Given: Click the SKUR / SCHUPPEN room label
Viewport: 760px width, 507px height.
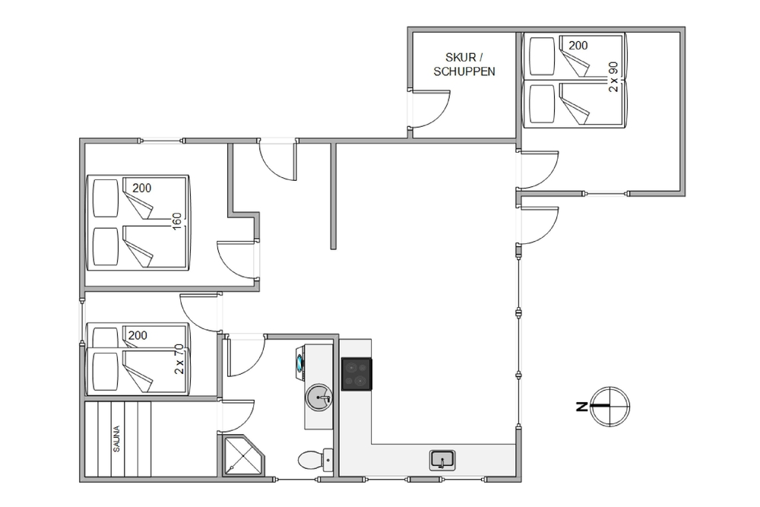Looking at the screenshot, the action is [x=464, y=65].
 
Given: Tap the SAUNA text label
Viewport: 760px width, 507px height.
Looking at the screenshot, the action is [x=116, y=439].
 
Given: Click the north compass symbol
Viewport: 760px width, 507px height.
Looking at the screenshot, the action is [x=610, y=406].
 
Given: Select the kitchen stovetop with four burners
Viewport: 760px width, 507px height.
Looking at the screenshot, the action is [x=356, y=374].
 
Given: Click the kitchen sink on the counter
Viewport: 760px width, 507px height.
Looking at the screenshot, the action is [x=442, y=460].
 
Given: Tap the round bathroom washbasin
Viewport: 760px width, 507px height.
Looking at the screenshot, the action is [x=319, y=398].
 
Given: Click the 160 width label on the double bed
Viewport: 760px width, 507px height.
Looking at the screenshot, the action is [x=177, y=221].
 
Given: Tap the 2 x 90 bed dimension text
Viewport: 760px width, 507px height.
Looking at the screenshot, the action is [x=613, y=77].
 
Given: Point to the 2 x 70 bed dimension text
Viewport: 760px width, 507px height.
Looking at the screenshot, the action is [x=179, y=359].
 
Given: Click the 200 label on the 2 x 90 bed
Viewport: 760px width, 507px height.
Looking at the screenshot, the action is [x=578, y=46].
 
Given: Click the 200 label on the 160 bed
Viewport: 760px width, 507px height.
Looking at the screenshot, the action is [x=142, y=188].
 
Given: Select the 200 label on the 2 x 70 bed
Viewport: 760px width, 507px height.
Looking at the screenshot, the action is [x=138, y=335].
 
